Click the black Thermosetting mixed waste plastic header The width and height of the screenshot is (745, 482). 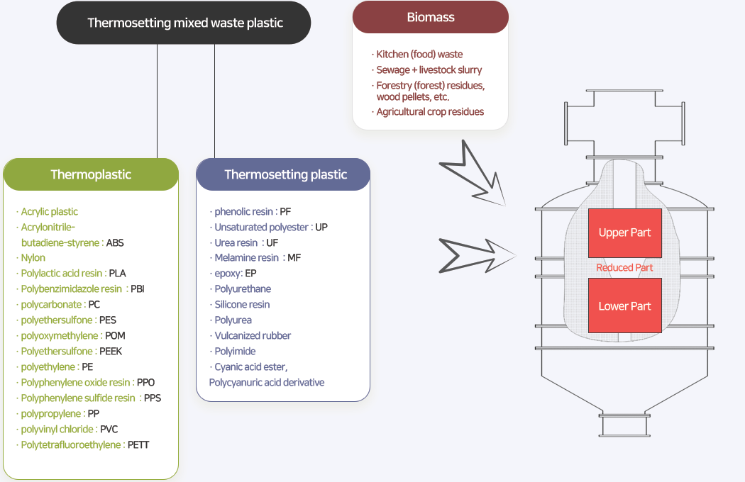pyautogui.click(x=184, y=23)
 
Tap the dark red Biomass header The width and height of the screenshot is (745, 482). pyautogui.click(x=431, y=17)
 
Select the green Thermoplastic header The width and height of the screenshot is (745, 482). pyautogui.click(x=91, y=174)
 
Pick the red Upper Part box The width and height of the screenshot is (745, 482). pyautogui.click(x=624, y=232)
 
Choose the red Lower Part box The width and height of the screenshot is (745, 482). pyautogui.click(x=624, y=306)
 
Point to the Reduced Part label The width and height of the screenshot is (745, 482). pyautogui.click(x=624, y=268)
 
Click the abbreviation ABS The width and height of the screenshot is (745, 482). pyautogui.click(x=115, y=243)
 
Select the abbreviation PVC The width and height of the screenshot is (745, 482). pyautogui.click(x=109, y=430)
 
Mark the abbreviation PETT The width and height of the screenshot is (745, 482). pyautogui.click(x=138, y=445)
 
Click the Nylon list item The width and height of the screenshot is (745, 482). pyautogui.click(x=33, y=258)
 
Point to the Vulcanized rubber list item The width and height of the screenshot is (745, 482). pyautogui.click(x=253, y=336)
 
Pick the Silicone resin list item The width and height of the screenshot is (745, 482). pyautogui.click(x=242, y=305)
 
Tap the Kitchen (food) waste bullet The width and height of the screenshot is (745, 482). pyautogui.click(x=419, y=55)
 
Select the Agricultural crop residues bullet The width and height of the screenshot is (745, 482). pyautogui.click(x=430, y=112)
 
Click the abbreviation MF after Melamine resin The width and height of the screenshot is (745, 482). pyautogui.click(x=294, y=258)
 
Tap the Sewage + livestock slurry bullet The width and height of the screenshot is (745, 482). pyautogui.click(x=429, y=70)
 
